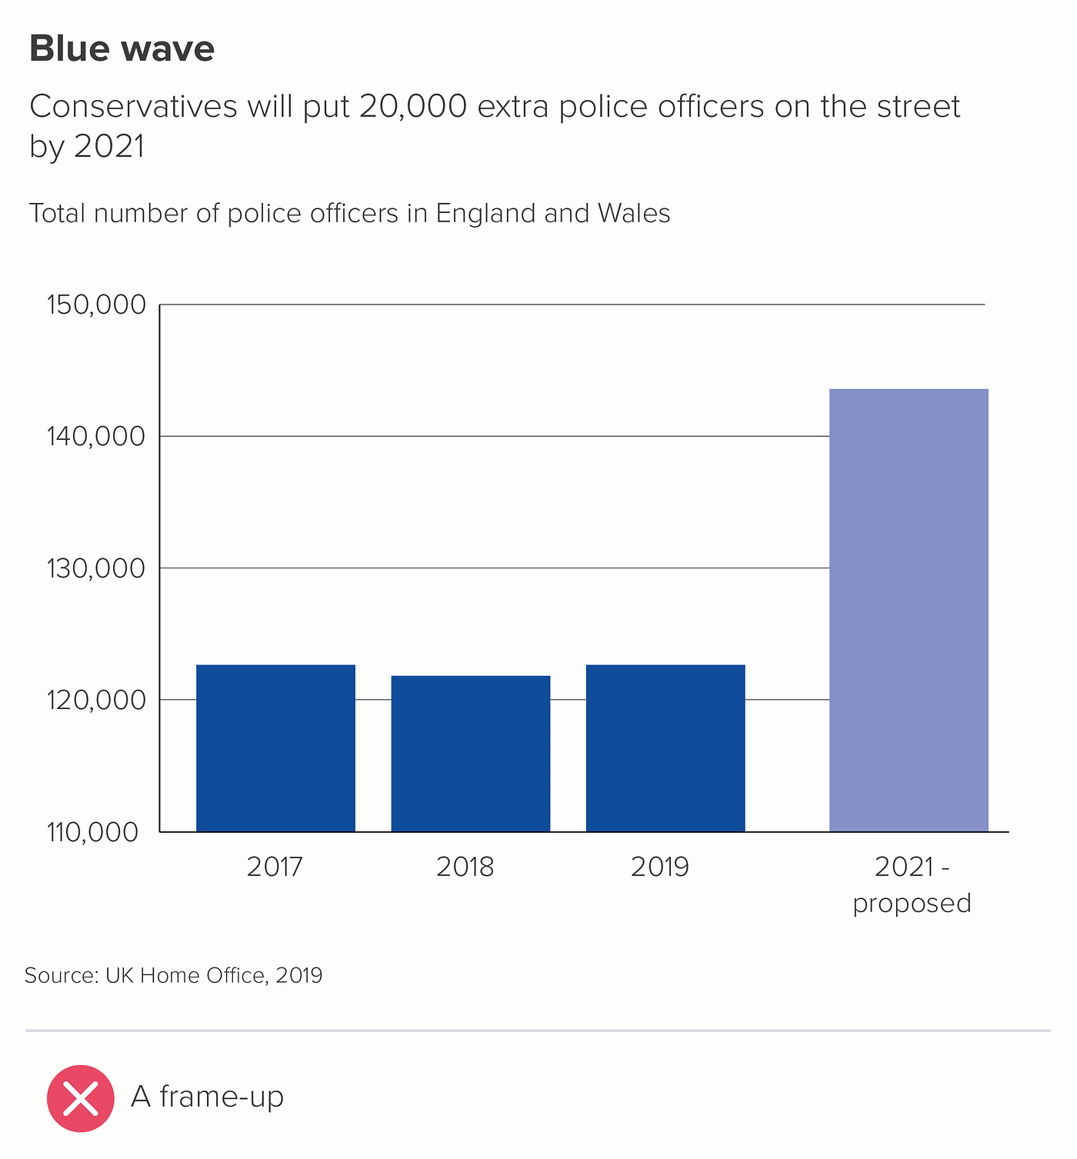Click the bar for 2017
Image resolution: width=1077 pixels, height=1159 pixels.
[x=275, y=748]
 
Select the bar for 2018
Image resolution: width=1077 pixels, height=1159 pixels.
[x=471, y=753]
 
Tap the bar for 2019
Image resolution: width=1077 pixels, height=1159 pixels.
[x=665, y=748]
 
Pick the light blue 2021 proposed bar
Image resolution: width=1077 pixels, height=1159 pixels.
[x=909, y=610]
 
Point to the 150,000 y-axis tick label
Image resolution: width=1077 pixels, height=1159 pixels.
[x=96, y=305]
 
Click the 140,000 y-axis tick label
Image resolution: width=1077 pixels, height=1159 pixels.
[x=96, y=437]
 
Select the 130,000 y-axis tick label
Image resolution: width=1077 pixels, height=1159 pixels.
[x=96, y=568]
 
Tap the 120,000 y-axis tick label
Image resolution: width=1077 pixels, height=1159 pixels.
[x=96, y=700]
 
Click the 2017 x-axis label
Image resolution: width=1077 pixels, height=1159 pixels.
[x=275, y=867]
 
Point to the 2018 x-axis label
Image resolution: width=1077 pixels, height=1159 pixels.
[x=465, y=867]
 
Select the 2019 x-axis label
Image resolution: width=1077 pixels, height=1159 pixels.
[x=660, y=867]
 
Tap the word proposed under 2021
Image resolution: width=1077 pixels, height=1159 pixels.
[x=912, y=902]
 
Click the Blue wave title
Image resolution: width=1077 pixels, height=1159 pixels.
[x=122, y=48]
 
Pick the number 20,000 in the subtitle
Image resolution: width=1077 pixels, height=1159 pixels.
[x=412, y=107]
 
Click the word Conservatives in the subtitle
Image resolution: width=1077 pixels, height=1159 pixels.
[x=133, y=107]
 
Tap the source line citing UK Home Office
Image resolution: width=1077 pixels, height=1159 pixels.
[x=173, y=975]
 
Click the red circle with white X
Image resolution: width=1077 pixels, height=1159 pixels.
[x=81, y=1098]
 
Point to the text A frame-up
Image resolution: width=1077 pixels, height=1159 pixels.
[x=207, y=1097]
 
